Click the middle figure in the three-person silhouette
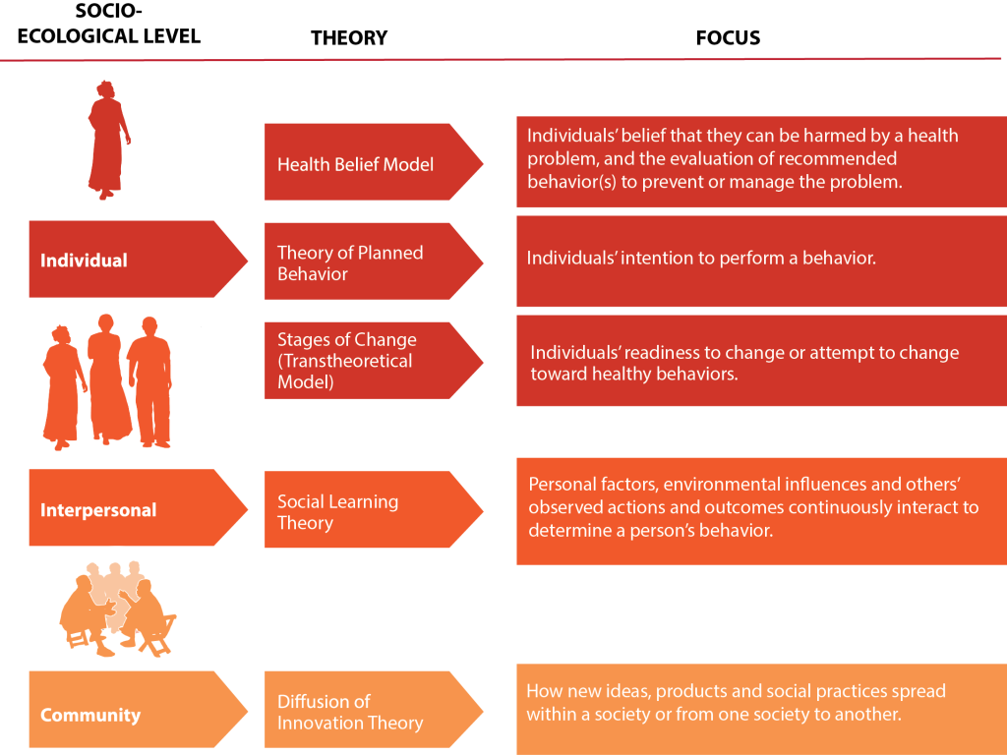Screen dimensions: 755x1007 click(x=108, y=378)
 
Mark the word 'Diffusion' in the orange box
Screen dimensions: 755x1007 click(x=324, y=701)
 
